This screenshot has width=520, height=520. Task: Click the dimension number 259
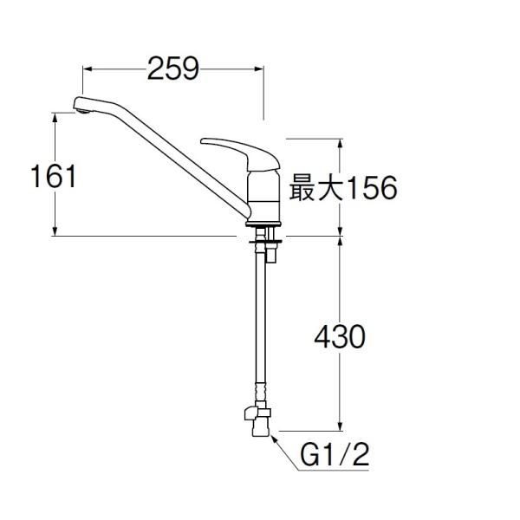click(x=172, y=68)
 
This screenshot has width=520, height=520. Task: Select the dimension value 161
click(x=53, y=176)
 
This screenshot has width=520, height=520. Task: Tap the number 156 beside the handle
click(x=370, y=188)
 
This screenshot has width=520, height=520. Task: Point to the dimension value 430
click(x=340, y=336)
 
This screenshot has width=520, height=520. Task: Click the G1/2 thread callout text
click(x=335, y=455)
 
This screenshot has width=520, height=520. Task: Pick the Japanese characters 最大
click(x=316, y=188)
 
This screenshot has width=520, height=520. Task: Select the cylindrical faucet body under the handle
click(x=263, y=196)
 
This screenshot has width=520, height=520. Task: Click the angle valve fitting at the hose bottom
click(x=257, y=419)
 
